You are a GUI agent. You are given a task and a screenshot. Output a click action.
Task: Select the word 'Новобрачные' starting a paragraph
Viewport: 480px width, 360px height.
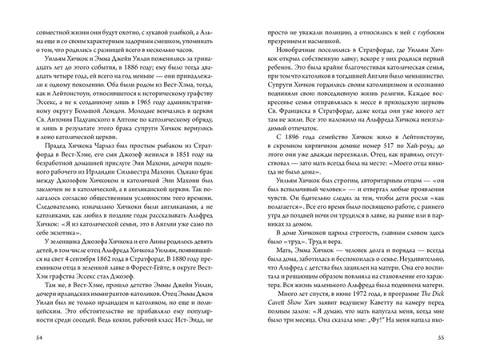[x=282, y=59]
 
